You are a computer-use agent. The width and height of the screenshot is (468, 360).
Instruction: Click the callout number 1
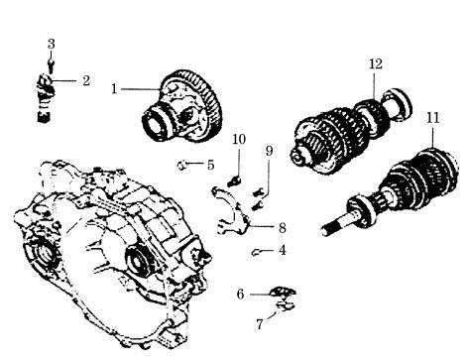[x=114, y=89]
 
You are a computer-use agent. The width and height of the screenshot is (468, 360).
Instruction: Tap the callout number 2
[x=86, y=80]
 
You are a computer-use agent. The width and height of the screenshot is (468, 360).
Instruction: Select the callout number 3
[x=51, y=44]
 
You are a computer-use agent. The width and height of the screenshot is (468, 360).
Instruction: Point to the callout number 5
[x=211, y=165]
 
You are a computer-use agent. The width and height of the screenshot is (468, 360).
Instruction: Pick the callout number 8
[x=282, y=228]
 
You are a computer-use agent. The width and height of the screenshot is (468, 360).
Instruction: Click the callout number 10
[x=239, y=139]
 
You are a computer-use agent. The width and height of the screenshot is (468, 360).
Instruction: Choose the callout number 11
[x=433, y=118]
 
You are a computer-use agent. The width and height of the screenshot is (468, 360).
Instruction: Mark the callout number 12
[x=376, y=63]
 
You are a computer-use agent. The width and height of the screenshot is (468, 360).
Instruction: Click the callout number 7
[x=260, y=324]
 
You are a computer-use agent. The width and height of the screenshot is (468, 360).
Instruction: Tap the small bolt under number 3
[x=51, y=65]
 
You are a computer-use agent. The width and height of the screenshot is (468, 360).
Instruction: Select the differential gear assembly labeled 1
[x=182, y=106]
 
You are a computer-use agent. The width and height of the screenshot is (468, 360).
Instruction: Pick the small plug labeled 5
[x=181, y=165]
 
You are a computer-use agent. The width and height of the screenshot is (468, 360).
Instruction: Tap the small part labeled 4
[x=255, y=253]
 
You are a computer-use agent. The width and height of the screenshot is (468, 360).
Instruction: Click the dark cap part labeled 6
[x=283, y=292]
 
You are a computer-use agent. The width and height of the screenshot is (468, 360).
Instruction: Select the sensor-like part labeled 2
[x=44, y=98]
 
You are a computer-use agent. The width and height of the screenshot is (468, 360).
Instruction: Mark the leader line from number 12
[x=374, y=86]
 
